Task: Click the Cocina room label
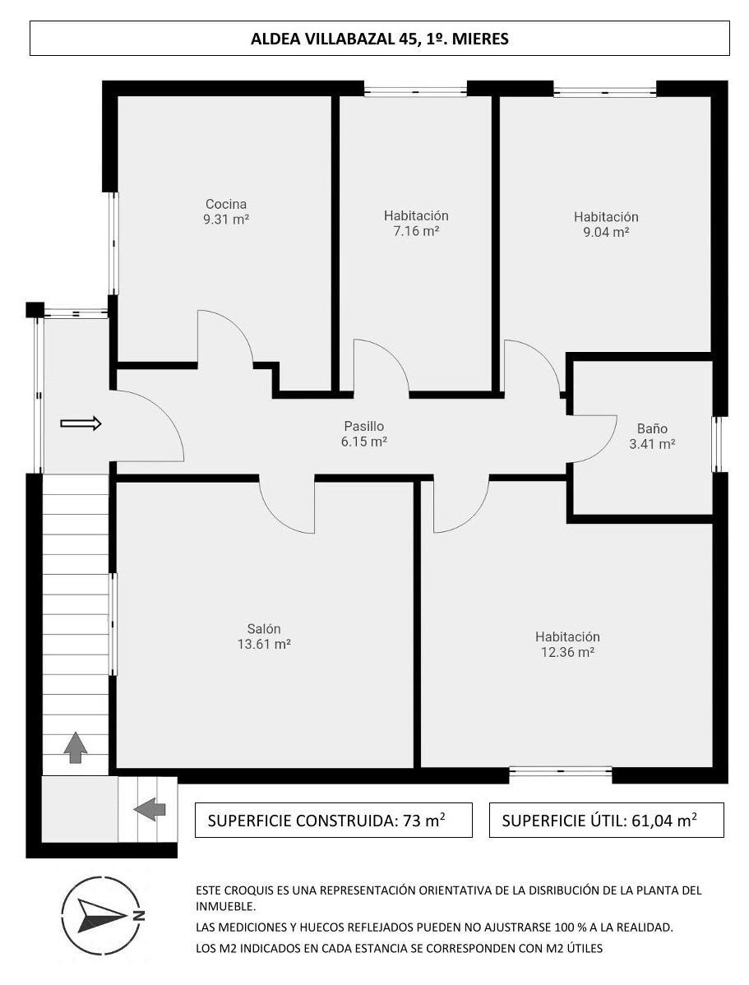pyautogui.click(x=226, y=204)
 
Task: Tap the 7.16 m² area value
pyautogui.click(x=416, y=231)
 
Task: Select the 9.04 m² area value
pyautogui.click(x=607, y=233)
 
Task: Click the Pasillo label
pyautogui.click(x=364, y=426)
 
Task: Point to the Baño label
pyautogui.click(x=652, y=428)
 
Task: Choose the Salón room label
pyautogui.click(x=264, y=629)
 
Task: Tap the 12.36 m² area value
pyautogui.click(x=568, y=652)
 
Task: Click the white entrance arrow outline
pyautogui.click(x=81, y=423)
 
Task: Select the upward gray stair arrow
pyautogui.click(x=76, y=747)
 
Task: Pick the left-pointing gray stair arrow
pyautogui.click(x=150, y=809)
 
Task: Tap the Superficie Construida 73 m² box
pyautogui.click(x=333, y=820)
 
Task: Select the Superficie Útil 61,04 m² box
pyautogui.click(x=607, y=820)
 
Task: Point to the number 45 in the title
pyautogui.click(x=405, y=39)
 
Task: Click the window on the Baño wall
pyautogui.click(x=716, y=444)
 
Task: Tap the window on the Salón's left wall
pyautogui.click(x=113, y=624)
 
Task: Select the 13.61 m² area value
pyautogui.click(x=264, y=645)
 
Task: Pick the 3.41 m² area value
pyautogui.click(x=652, y=444)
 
